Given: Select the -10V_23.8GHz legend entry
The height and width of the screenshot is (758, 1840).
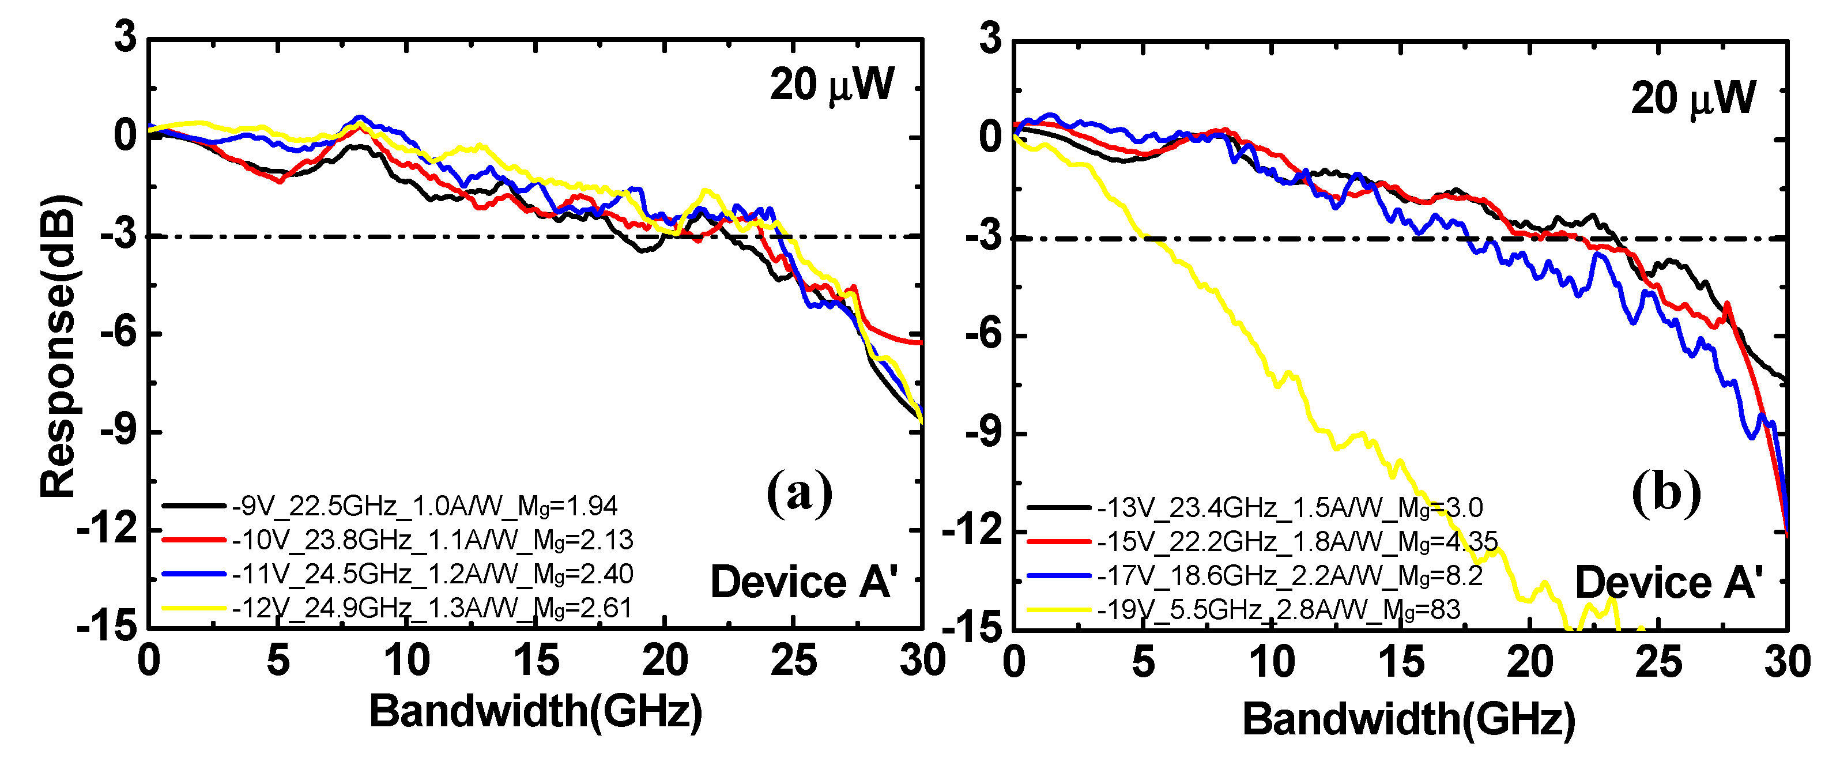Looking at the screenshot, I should point(432,541).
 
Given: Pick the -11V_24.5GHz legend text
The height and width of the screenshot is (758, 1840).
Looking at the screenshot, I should point(432,574).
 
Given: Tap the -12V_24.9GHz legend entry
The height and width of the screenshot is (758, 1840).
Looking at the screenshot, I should point(432,609).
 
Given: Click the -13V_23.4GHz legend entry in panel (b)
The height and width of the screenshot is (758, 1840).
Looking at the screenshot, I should point(1289,508).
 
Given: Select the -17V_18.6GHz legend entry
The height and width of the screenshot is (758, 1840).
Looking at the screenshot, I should point(1289,576).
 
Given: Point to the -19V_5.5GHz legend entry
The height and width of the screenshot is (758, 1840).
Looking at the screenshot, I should point(1279,610).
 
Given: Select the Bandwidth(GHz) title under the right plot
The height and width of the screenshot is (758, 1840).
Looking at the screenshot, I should point(1409,719).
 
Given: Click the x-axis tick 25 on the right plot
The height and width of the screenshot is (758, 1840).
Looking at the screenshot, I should point(1658,662).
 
